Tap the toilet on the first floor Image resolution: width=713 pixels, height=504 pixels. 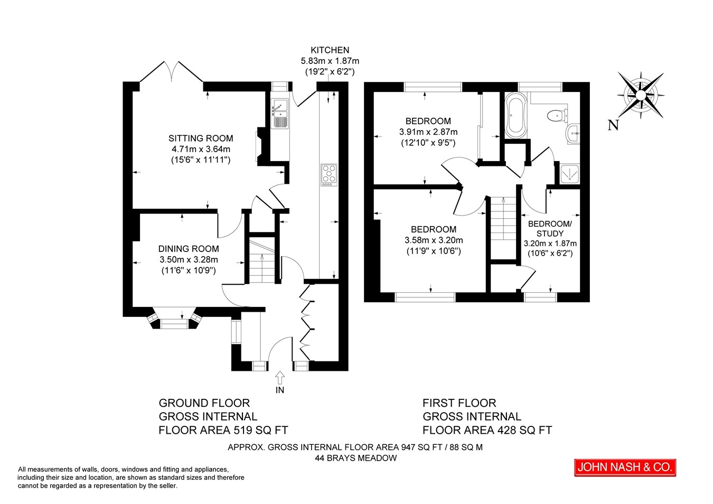[x=557, y=115]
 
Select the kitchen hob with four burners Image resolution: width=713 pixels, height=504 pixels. [x=329, y=175]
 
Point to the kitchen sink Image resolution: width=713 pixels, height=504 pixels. [x=280, y=114]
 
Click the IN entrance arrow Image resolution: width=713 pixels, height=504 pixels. [x=280, y=378]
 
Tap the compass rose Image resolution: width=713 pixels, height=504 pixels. [x=641, y=95]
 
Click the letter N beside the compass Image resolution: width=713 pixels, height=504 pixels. [x=613, y=125]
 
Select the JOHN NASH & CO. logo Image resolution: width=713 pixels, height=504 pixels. [x=625, y=468]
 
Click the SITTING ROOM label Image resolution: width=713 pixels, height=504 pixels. [x=201, y=138]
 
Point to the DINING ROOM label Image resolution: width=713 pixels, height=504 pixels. [x=189, y=249]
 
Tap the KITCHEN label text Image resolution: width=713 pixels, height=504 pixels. [x=330, y=50]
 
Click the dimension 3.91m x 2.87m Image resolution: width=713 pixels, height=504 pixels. [x=428, y=132]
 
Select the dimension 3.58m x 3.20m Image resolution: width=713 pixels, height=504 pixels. [x=434, y=240]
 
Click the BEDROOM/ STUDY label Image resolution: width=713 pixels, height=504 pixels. [x=550, y=229]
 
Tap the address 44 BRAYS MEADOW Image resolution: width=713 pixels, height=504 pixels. [x=356, y=458]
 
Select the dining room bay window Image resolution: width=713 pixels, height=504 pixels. [x=174, y=319]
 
